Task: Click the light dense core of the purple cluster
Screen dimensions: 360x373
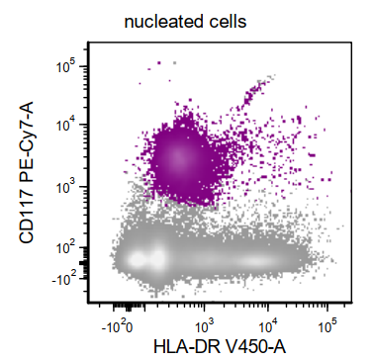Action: pos(178,156)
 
